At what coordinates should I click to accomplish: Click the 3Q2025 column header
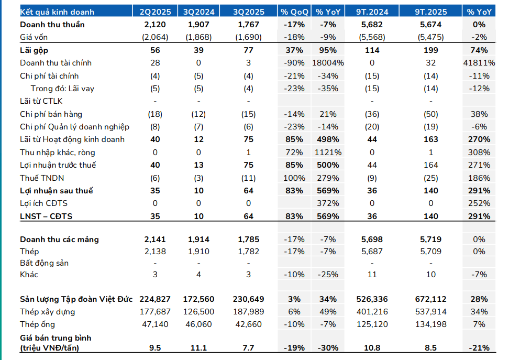pos(248,12)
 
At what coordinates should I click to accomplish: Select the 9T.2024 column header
pos(372,12)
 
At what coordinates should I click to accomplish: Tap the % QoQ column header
pos(294,12)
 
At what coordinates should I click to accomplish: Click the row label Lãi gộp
pos(34,50)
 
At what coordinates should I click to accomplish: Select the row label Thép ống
pos(37,324)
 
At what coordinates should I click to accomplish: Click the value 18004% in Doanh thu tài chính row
pos(328,63)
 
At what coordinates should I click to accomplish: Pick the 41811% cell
pos(479,63)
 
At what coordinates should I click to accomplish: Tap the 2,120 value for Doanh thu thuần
pos(155,25)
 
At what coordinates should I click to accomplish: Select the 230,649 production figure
pos(248,299)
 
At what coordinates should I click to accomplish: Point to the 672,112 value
pos(431,299)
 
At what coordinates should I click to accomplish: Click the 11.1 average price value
pos(198,348)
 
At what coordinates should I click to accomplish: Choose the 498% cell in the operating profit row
pos(328,139)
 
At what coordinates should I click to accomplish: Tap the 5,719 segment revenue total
pos(431,239)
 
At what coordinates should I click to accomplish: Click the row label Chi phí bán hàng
pos(51,114)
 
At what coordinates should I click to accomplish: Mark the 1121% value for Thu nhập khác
pos(328,152)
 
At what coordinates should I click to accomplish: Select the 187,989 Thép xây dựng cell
pos(248,312)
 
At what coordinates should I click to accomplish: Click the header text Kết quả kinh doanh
pos(57,12)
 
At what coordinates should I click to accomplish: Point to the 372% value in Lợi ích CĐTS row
pos(328,203)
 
